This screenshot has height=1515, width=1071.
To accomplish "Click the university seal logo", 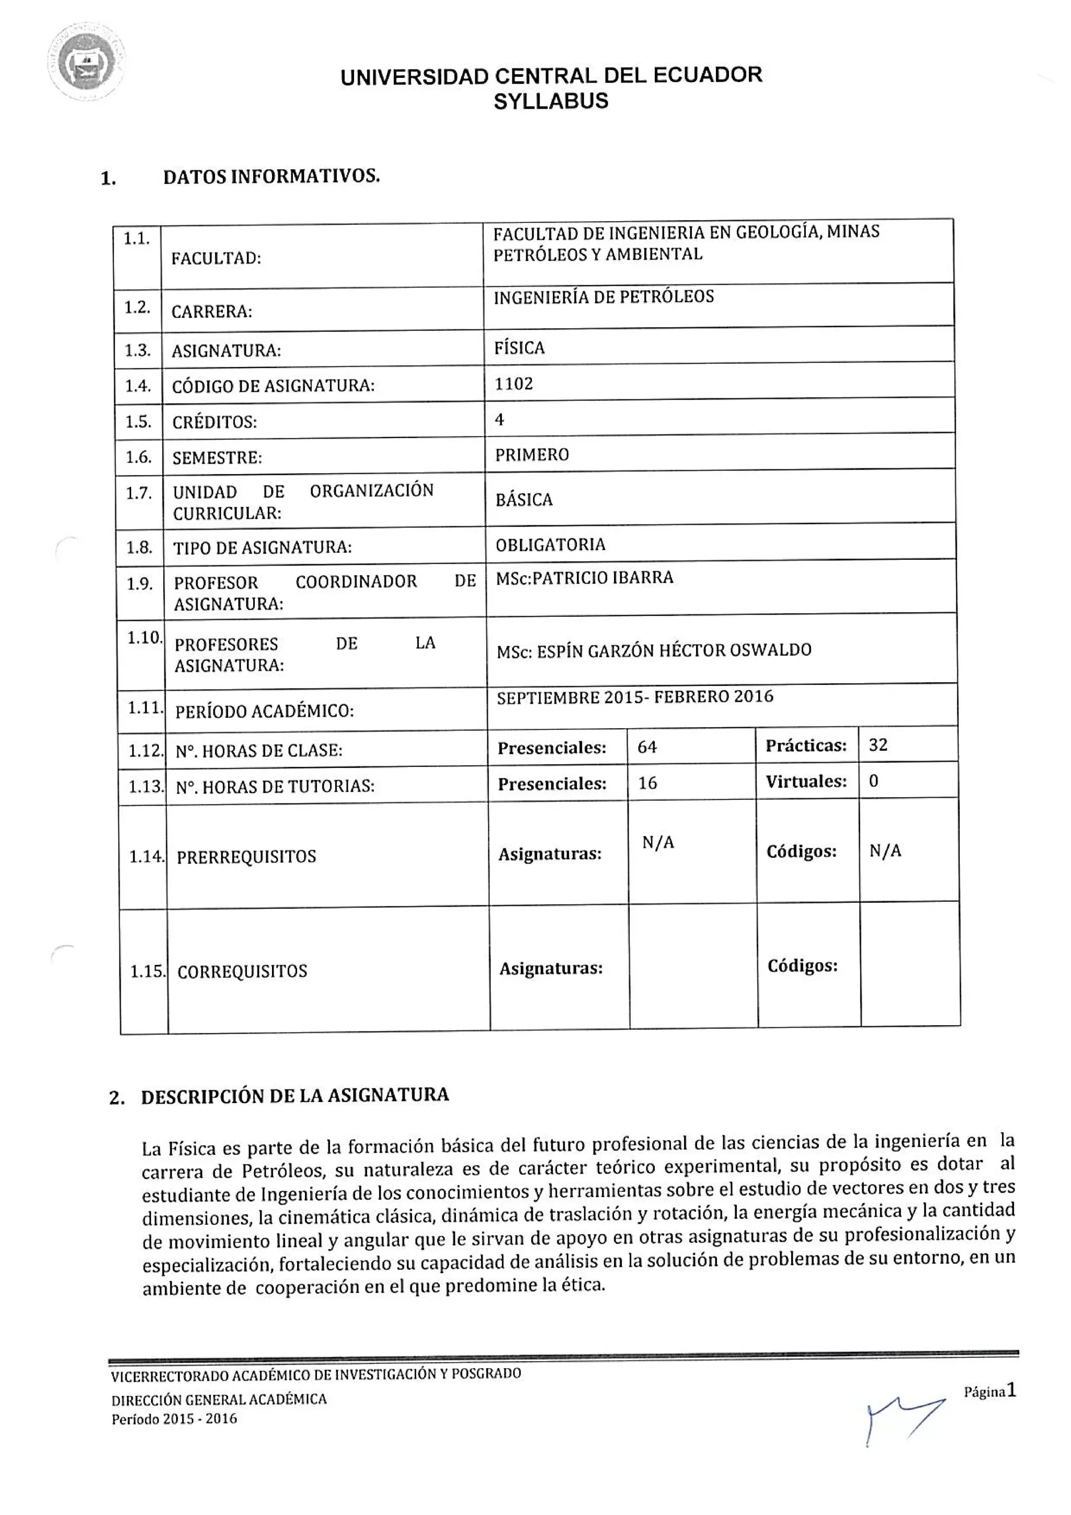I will coord(86,63).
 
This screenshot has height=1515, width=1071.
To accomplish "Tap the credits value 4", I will coord(499,420).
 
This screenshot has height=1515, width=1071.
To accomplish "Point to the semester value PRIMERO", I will coord(532,455).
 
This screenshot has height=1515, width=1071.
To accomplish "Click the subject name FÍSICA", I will coord(519,348).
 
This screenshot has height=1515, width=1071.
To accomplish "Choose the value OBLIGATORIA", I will coord(550,545).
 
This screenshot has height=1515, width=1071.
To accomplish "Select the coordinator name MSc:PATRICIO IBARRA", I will coord(584,578).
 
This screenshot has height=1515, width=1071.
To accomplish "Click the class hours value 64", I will coord(647,747).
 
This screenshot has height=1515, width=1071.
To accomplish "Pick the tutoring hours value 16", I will coord(647,783).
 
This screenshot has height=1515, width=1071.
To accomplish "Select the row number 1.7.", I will coord(139,493).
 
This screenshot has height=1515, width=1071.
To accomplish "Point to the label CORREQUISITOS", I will coord(242,971).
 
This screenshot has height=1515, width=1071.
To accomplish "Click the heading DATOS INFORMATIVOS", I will coord(271,177).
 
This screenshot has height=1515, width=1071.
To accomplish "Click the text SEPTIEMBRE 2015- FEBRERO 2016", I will coord(635,697).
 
